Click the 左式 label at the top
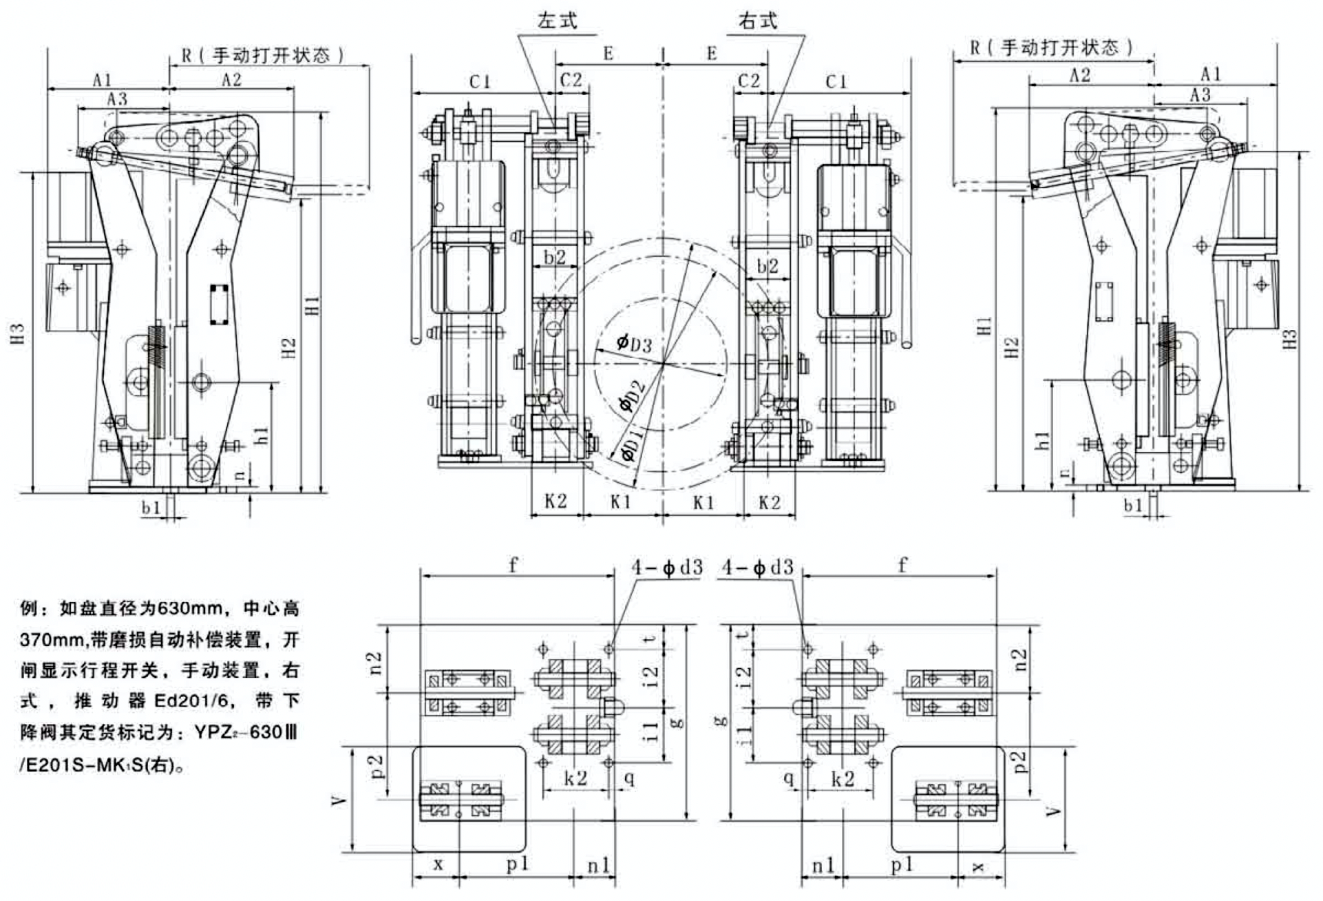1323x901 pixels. (557, 20)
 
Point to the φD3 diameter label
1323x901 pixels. (634, 342)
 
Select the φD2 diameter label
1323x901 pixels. (632, 395)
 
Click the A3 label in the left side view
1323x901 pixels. (117, 99)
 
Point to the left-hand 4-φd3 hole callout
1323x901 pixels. (667, 568)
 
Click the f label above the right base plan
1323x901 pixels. (902, 566)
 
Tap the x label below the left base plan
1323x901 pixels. (438, 864)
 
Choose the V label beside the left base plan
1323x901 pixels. (339, 800)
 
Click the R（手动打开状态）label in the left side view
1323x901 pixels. (262, 55)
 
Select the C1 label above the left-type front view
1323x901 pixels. (480, 82)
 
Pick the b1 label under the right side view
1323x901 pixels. (1132, 506)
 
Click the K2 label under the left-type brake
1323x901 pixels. (555, 501)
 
